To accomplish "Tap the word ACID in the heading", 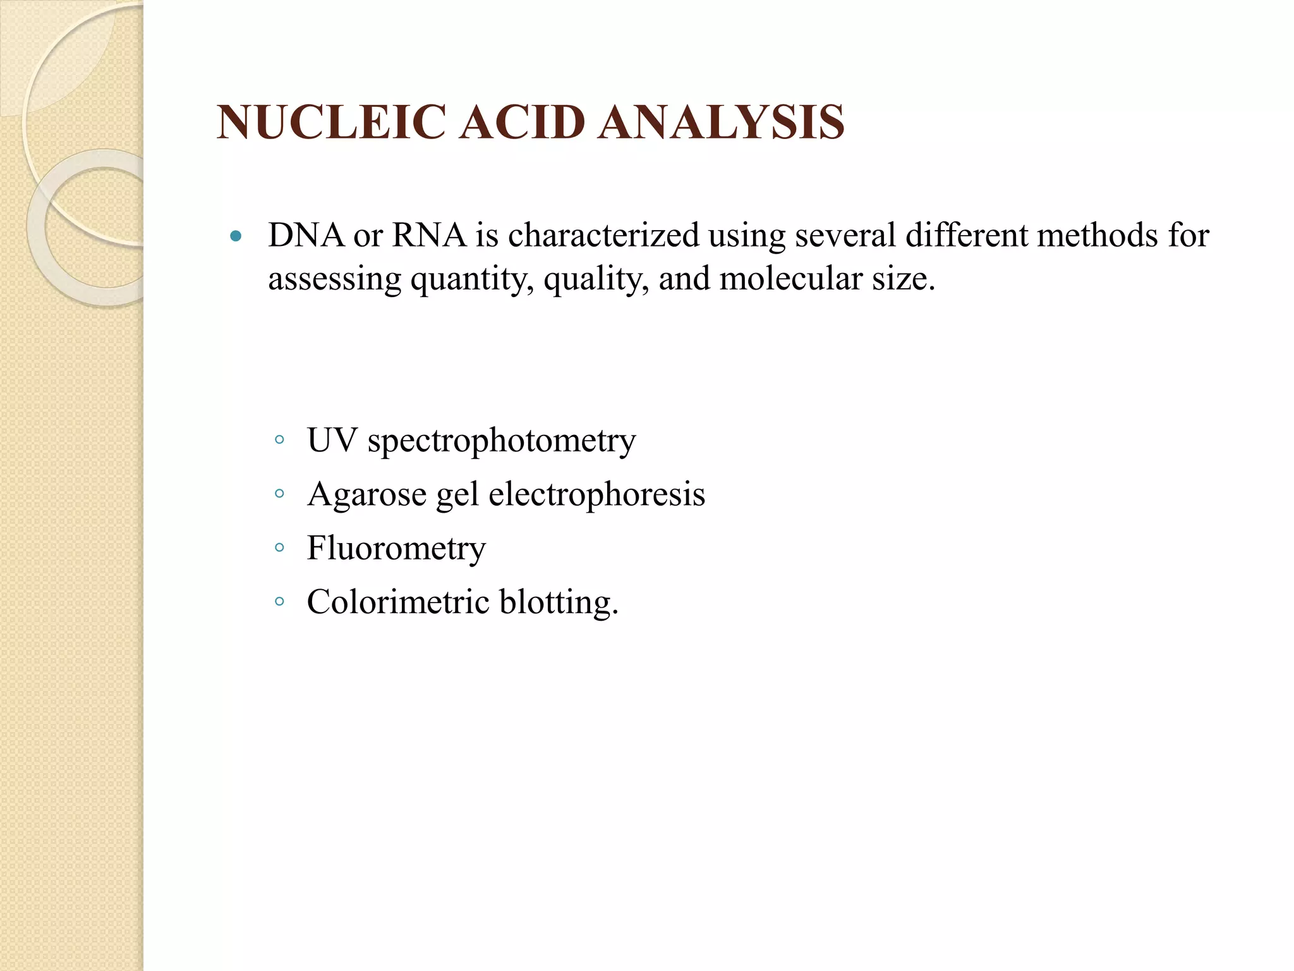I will [x=522, y=123].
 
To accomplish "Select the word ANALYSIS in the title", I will [x=721, y=123].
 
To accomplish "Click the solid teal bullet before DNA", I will [x=236, y=237].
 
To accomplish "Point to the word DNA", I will [x=306, y=235].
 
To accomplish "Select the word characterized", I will [x=603, y=235].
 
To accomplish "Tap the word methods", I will [x=1097, y=235].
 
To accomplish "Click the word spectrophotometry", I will [x=502, y=441].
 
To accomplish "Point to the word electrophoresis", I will [x=596, y=494].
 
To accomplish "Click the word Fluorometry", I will [x=396, y=548].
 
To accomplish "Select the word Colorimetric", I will [x=398, y=601].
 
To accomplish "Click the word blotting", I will [x=557, y=602].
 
